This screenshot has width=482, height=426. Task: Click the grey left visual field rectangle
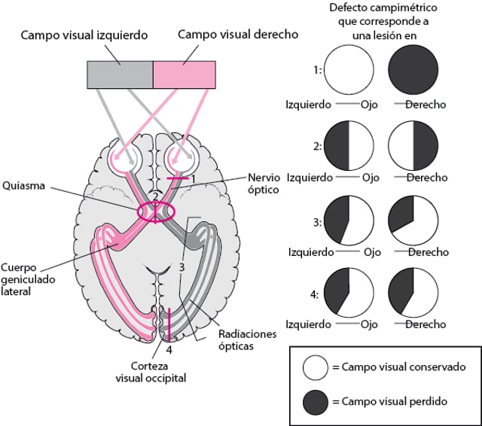point(120,74)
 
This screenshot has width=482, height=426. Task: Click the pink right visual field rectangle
point(185,74)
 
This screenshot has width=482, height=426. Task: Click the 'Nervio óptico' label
point(264,184)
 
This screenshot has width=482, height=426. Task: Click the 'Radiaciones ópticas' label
point(249,339)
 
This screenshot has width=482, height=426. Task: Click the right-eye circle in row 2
point(412,145)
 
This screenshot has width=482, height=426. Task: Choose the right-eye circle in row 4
point(412,294)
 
